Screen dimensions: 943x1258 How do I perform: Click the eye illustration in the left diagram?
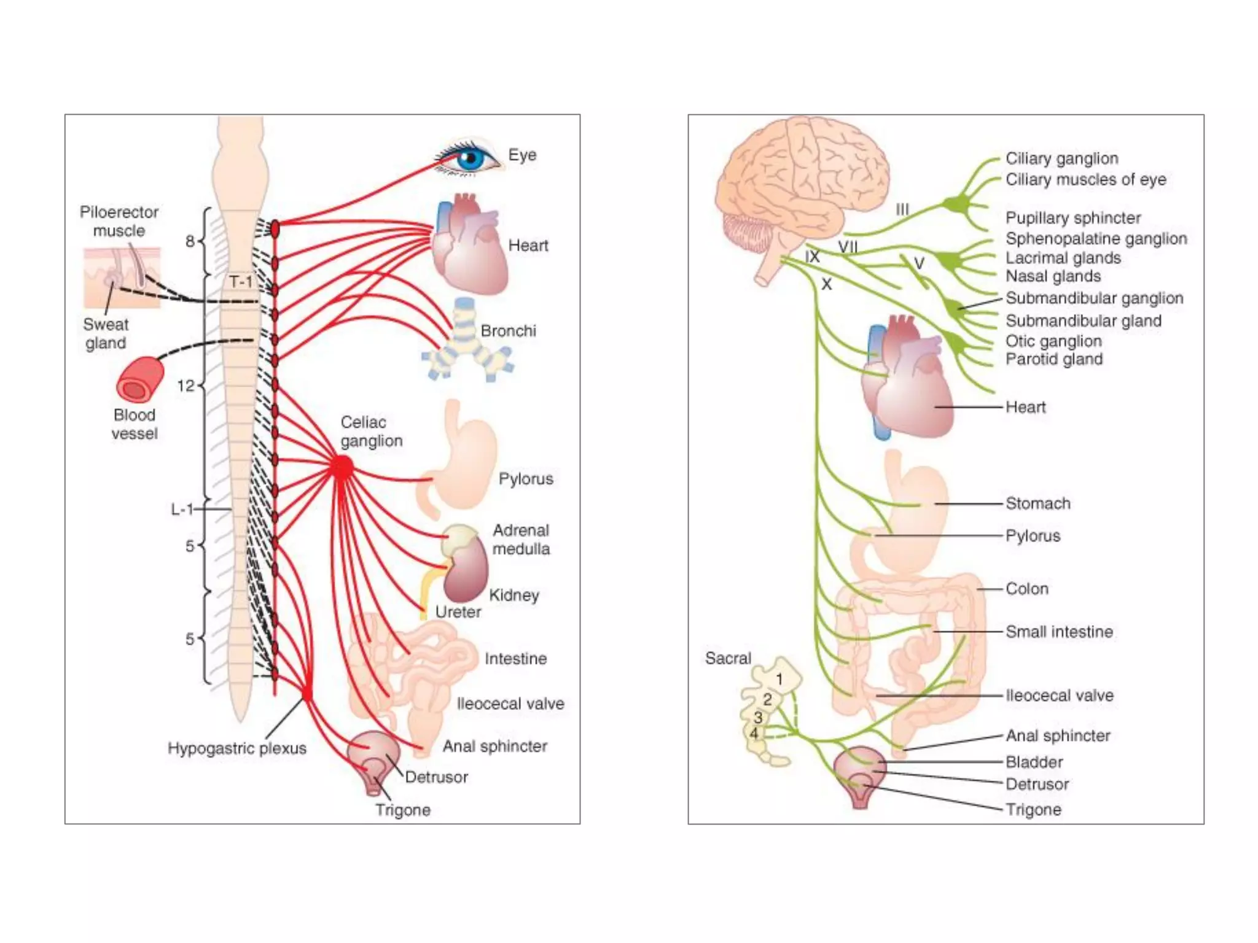(x=470, y=158)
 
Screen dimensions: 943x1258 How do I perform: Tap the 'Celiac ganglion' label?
(x=371, y=432)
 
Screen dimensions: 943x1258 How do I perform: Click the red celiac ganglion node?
(x=342, y=468)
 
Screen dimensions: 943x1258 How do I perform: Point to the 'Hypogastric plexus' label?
(x=236, y=748)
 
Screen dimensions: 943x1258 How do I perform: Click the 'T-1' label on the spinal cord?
(x=241, y=282)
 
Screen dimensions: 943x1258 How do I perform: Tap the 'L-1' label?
(x=182, y=509)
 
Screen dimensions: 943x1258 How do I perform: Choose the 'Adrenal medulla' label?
(x=521, y=539)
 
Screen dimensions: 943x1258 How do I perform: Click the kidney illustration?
(x=466, y=571)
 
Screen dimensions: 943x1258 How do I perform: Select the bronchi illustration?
(x=468, y=344)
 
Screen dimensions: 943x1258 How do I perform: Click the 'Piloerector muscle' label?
(x=119, y=221)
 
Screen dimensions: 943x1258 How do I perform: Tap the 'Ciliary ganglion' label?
(x=1061, y=158)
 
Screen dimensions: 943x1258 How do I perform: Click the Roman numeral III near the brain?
(x=902, y=209)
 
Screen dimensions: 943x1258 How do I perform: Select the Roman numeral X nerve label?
(x=827, y=284)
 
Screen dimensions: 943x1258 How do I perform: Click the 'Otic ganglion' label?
(x=1053, y=341)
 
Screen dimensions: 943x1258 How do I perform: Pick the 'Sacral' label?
(x=728, y=658)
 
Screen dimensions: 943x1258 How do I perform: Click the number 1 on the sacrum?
(x=779, y=679)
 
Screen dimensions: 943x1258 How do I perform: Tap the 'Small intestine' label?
(x=1059, y=632)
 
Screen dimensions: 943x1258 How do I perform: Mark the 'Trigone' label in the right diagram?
(x=1033, y=809)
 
